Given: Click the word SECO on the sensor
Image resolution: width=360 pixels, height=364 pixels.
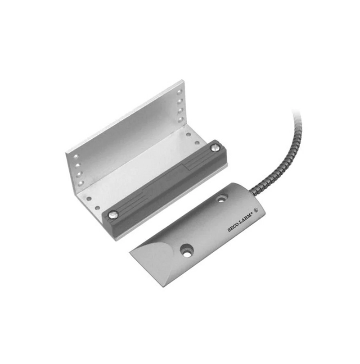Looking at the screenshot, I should tap(234, 227).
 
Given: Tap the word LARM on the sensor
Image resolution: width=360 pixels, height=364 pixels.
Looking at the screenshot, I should tap(246, 219).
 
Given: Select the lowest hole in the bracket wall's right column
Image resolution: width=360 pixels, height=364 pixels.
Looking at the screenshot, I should tap(180, 120).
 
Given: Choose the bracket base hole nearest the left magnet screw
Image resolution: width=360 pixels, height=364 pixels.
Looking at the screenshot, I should tap(98, 208).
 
